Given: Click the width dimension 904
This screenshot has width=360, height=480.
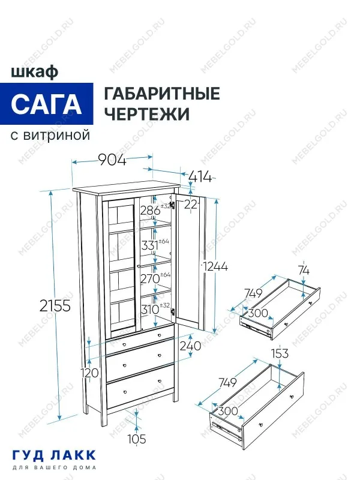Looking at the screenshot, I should coord(112,160).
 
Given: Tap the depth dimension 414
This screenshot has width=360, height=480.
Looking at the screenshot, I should coord(200,176).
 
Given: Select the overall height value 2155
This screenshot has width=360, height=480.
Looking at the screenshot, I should coord(55,305).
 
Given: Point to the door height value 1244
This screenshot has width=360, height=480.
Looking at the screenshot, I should coord(215,266).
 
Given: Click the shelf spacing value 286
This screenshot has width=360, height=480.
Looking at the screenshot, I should coord(150,211).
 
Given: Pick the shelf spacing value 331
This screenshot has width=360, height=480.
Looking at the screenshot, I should coord(150,245).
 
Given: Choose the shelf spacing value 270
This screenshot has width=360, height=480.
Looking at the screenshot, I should coord(150,278).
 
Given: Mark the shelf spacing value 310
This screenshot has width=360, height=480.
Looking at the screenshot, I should coord(150,310).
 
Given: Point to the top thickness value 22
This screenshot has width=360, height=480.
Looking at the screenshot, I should coord(191,205).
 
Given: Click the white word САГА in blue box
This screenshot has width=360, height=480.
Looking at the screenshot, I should coord(47,104).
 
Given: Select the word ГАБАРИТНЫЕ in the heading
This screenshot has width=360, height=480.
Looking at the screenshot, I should coord(162,94).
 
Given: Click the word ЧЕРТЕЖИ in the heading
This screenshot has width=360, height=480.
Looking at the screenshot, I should coord(147,114).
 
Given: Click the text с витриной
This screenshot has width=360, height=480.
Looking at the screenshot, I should coord(50,135).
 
